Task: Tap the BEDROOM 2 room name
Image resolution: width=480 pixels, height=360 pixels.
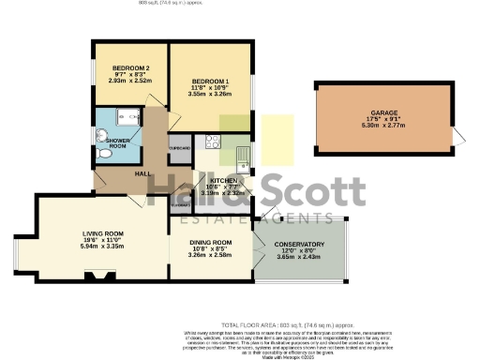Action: (x=131, y=68)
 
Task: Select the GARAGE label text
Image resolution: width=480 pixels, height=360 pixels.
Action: (x=383, y=117)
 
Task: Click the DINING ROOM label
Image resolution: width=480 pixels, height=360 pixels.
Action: (x=210, y=242)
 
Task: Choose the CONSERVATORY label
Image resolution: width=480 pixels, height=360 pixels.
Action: (x=299, y=244)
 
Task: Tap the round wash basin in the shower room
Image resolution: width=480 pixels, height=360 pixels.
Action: (x=103, y=120)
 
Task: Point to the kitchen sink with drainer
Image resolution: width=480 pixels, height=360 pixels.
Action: (x=242, y=157)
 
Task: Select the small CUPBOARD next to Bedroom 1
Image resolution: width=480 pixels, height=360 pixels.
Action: (x=179, y=149)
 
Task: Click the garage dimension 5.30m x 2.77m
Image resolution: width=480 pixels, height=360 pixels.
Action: (x=383, y=130)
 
